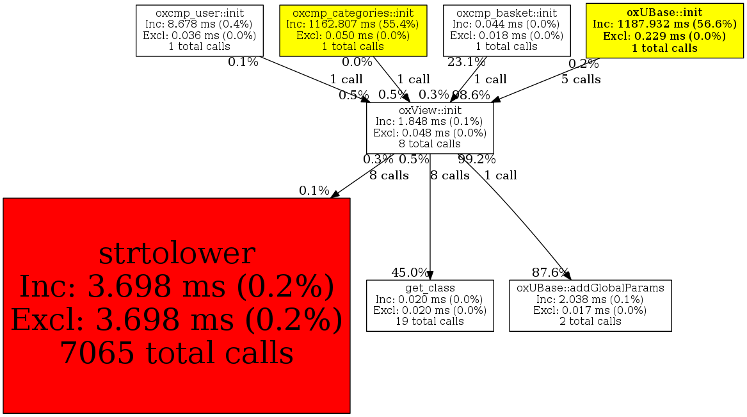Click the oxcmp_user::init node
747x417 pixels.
(x=200, y=30)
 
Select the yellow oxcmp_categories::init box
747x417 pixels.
(x=353, y=30)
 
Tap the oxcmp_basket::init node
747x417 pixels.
(x=506, y=30)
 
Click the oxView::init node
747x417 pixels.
(x=430, y=127)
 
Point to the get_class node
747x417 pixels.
(x=430, y=306)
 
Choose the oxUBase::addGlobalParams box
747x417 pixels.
(x=590, y=306)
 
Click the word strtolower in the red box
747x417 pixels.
(x=177, y=254)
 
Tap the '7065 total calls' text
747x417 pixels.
(x=177, y=352)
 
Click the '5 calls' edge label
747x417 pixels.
(x=581, y=79)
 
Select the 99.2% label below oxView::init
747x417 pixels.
(x=476, y=159)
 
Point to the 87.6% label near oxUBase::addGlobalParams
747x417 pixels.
(x=550, y=272)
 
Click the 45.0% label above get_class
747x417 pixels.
(x=410, y=272)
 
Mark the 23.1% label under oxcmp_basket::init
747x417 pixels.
(x=466, y=62)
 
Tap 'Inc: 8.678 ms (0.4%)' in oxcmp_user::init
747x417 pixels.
(x=200, y=24)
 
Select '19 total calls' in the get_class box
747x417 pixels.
(x=430, y=321)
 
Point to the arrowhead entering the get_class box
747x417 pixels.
(x=430, y=275)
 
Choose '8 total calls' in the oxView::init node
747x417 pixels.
(x=430, y=143)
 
